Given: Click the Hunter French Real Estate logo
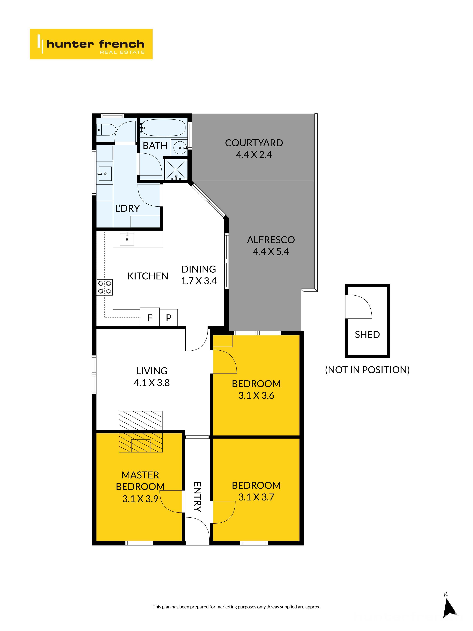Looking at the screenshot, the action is (x=91, y=44).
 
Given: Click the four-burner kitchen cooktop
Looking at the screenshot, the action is (x=105, y=287).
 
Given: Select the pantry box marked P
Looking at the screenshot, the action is (x=169, y=317).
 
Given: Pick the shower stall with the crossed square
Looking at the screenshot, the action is (x=176, y=169).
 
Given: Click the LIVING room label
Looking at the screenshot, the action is (x=152, y=371).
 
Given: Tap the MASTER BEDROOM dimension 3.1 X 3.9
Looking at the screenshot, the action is (x=140, y=499).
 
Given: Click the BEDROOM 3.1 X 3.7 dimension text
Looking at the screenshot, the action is (x=256, y=497).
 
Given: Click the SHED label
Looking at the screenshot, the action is (x=367, y=334).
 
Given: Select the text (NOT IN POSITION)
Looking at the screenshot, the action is (x=367, y=370).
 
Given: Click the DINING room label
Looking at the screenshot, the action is (x=199, y=269).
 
